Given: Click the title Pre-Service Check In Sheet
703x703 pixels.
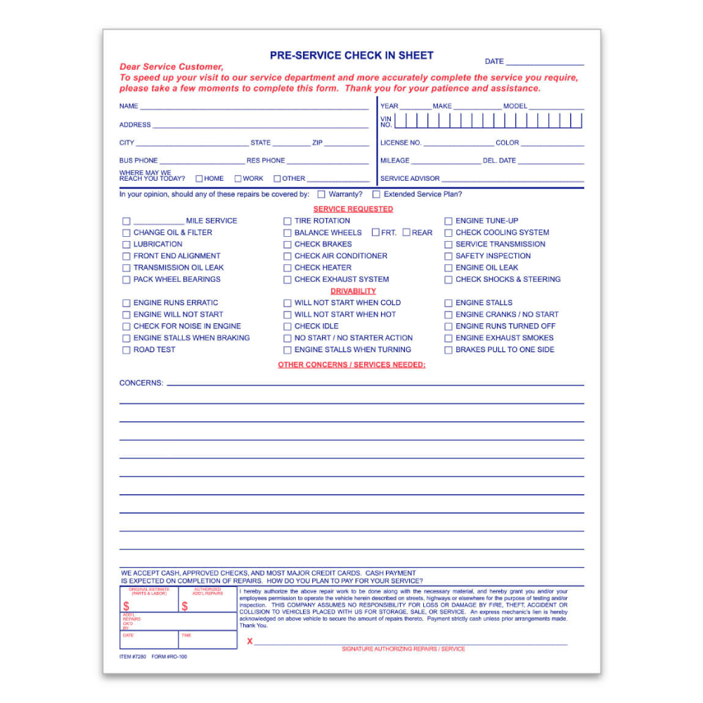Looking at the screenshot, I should click(351, 56).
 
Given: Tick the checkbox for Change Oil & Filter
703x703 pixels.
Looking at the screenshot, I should click(127, 233).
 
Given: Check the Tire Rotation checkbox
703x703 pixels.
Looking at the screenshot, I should click(287, 221).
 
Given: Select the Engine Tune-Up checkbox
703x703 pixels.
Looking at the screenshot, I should click(449, 221).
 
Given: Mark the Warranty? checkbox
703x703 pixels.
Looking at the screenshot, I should click(321, 195).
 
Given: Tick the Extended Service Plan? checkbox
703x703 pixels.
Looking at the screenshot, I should click(376, 195).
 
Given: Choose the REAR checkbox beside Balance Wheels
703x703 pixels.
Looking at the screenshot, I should click(406, 233).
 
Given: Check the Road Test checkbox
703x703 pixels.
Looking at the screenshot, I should click(127, 350).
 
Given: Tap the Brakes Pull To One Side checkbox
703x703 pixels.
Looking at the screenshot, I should click(449, 350).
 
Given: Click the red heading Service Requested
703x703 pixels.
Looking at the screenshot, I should click(353, 209).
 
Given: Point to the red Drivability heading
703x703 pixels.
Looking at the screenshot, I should click(353, 291).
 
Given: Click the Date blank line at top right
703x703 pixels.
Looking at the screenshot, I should click(545, 63).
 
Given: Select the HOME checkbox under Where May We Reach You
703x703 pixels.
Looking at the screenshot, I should click(199, 179).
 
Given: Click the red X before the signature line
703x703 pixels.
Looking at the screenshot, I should click(250, 641).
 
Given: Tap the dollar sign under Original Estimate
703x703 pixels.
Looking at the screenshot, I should click(127, 606).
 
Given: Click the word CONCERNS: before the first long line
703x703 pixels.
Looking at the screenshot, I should click(141, 383).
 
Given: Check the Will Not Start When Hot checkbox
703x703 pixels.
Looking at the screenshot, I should click(287, 315).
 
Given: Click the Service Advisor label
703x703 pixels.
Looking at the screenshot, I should click(410, 179).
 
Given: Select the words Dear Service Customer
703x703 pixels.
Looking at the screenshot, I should click(172, 67).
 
